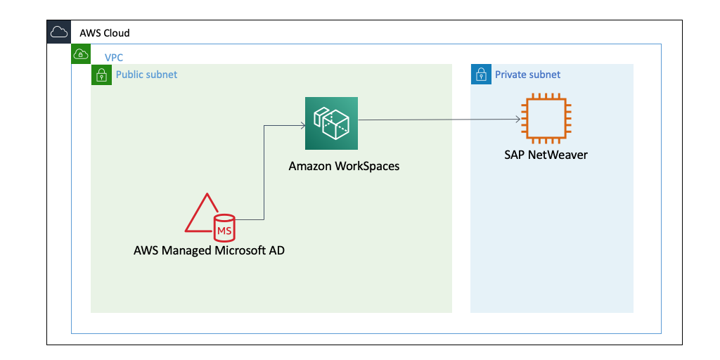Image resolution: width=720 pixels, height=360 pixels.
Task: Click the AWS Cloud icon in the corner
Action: (58, 32)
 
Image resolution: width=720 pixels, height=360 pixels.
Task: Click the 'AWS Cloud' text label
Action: (105, 33)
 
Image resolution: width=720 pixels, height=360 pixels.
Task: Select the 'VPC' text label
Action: (114, 57)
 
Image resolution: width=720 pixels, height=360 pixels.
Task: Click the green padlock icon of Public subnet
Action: (101, 75)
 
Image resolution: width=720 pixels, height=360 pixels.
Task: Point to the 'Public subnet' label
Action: (146, 75)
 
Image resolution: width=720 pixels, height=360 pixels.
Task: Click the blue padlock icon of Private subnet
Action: (481, 75)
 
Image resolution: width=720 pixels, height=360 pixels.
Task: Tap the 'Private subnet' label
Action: (527, 75)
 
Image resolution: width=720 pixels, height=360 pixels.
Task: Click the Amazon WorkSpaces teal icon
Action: (331, 124)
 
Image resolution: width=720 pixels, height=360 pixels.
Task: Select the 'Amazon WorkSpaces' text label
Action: (344, 167)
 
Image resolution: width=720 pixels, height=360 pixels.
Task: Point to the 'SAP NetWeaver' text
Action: (546, 155)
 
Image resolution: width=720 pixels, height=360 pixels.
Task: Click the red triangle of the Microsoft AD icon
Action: (201, 215)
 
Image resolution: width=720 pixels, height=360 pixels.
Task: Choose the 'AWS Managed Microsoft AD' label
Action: (209, 250)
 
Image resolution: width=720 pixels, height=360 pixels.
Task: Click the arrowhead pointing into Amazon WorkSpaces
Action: (302, 126)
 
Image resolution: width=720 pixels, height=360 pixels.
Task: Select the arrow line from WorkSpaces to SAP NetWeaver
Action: (436, 120)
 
